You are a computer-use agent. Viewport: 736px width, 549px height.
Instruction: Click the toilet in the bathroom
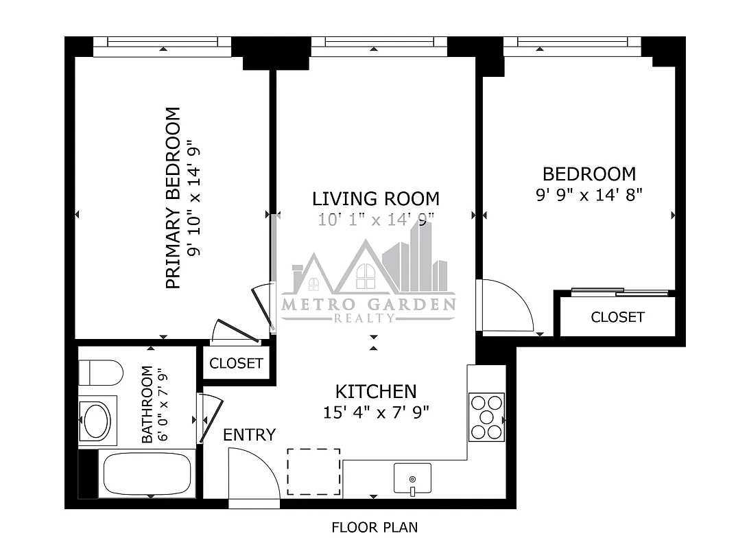[100, 373]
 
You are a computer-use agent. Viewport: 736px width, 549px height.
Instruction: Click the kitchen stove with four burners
[486, 417]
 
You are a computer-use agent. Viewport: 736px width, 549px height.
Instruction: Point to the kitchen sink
[412, 478]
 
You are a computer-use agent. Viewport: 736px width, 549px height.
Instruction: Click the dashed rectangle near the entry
[313, 471]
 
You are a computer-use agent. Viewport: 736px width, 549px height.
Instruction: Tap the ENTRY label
[250, 434]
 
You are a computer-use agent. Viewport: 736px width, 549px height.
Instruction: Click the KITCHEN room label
[375, 392]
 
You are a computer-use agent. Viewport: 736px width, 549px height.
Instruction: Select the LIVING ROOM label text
[375, 199]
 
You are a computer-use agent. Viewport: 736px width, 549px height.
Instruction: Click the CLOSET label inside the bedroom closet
[617, 317]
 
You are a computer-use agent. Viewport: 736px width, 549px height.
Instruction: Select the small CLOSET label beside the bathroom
[236, 363]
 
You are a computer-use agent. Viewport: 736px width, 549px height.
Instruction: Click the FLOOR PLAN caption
[375, 528]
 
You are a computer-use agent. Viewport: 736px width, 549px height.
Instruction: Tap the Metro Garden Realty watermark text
[368, 305]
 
